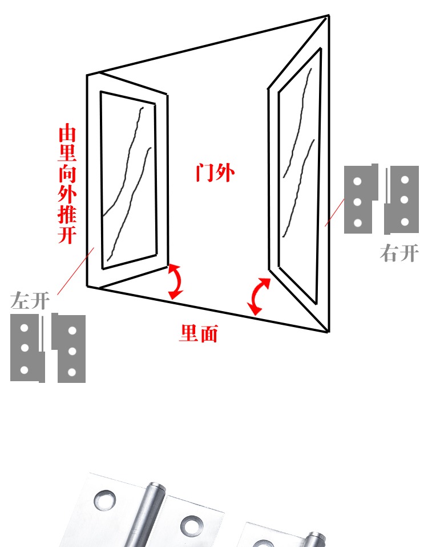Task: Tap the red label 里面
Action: coord(199,333)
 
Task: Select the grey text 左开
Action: coord(30,300)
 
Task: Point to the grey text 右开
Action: coord(399,252)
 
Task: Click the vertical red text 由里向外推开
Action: coord(67,185)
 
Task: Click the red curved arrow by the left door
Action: coord(176,281)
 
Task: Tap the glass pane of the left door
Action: coord(128,179)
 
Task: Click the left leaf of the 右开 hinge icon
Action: coord(360,199)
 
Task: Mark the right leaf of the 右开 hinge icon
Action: coord(403,199)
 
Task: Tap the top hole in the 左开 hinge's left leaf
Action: coord(25,328)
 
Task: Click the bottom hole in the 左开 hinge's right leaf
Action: coord(72,373)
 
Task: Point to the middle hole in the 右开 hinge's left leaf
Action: coord(358,202)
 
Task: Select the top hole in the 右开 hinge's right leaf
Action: coord(405,180)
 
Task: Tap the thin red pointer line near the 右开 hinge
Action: coord(335,212)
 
